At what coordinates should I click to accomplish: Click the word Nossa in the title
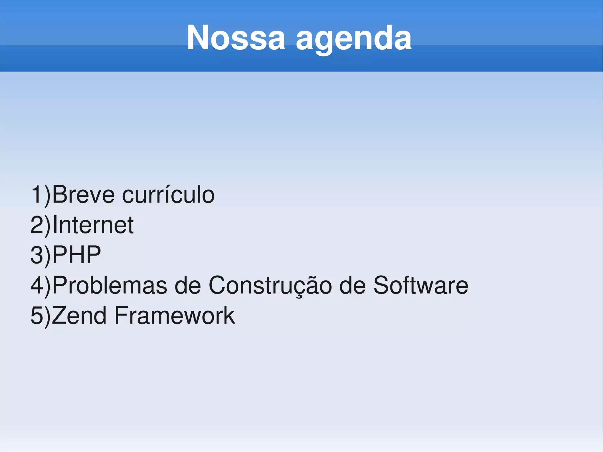coord(236,38)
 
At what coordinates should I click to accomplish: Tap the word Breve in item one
coord(83,195)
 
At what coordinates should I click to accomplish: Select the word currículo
coord(168,195)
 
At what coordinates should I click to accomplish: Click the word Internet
coord(93,225)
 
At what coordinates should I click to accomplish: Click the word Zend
coord(79,315)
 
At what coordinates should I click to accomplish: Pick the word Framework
coord(175,315)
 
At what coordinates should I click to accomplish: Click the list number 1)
coord(41,195)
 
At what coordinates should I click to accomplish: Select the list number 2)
coord(41,225)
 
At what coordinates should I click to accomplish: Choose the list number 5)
coord(41,315)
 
